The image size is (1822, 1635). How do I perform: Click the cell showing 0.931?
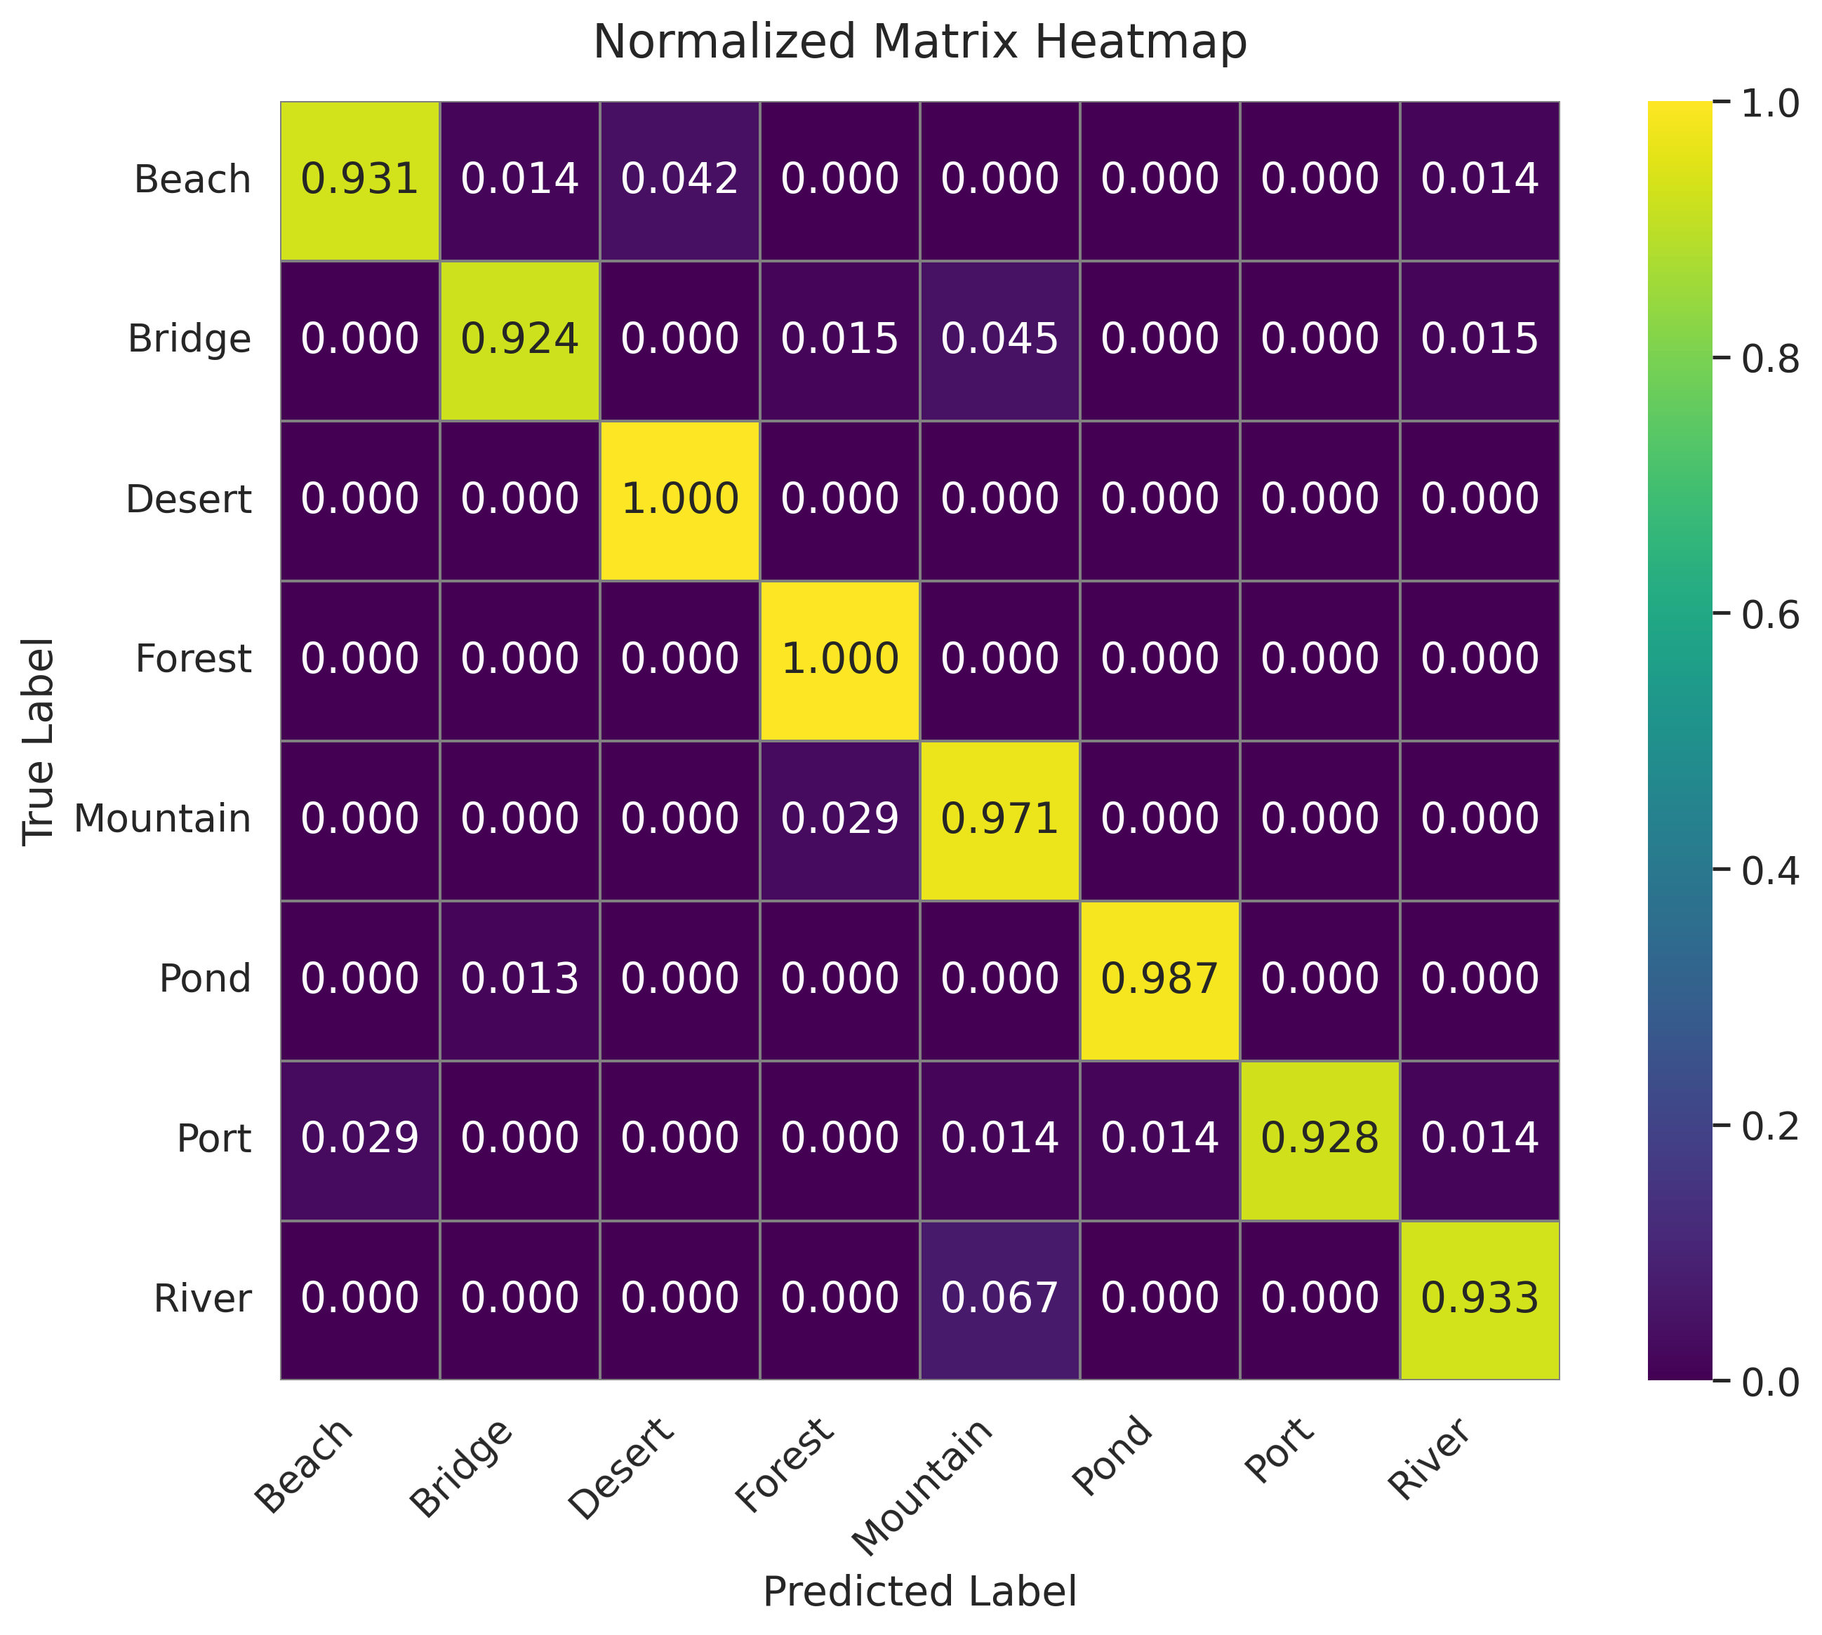[359, 180]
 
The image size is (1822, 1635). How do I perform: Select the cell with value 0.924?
[519, 340]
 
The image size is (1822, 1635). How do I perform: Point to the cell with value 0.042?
[679, 180]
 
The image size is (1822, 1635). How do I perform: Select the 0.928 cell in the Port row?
[1319, 1138]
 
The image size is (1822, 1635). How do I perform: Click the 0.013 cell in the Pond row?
[519, 978]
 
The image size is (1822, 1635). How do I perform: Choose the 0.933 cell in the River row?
[1479, 1298]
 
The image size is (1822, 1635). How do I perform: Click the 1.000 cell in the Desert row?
[679, 500]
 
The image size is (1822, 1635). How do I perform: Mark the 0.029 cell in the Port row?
[359, 1138]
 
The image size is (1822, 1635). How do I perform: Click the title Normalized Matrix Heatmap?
[919, 42]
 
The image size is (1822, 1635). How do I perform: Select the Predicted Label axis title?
[919, 1591]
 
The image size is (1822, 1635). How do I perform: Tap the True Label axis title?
[39, 741]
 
